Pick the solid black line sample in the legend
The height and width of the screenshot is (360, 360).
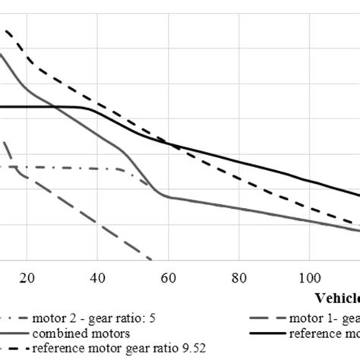[267, 333]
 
